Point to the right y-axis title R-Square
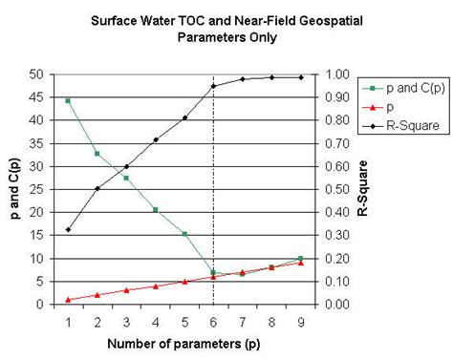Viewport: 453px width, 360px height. (x=364, y=189)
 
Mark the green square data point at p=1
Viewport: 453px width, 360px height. (x=68, y=101)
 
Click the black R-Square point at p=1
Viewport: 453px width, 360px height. (x=68, y=229)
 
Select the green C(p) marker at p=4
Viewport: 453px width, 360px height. (x=156, y=209)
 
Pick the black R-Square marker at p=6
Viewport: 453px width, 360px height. (x=214, y=86)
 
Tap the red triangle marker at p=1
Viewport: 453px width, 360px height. (x=68, y=299)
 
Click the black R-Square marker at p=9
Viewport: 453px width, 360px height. (x=301, y=77)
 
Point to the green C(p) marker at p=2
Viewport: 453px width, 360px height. (x=97, y=153)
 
